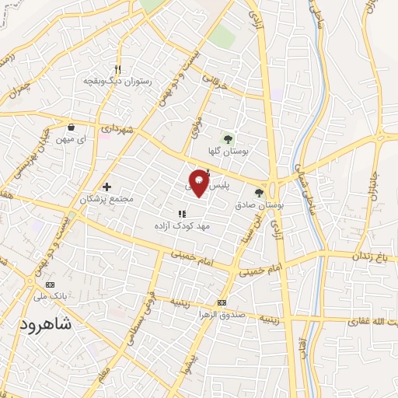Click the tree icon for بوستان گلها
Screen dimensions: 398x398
[x=229, y=138]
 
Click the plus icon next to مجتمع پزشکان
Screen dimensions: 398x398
[x=107, y=187]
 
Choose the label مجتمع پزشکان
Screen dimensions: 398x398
[x=106, y=199]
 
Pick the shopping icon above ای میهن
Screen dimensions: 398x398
[x=72, y=127]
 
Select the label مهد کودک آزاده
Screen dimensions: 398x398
[x=182, y=225]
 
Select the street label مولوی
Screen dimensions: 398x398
[x=197, y=124]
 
